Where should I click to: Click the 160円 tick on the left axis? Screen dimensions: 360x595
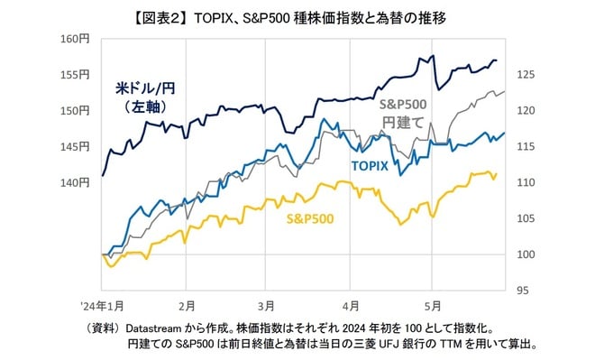(x=77, y=39)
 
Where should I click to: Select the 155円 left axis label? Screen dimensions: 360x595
(x=77, y=75)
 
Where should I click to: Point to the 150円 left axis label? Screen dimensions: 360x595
(x=77, y=111)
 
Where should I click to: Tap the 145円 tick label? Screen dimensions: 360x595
(x=77, y=146)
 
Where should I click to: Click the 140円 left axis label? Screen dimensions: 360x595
(x=77, y=182)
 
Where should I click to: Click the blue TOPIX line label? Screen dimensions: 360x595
(x=370, y=168)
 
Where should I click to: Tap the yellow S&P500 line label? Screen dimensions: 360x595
(x=309, y=219)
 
